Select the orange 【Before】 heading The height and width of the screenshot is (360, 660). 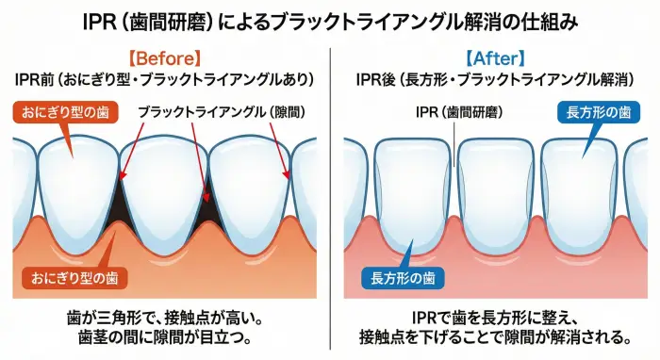165,56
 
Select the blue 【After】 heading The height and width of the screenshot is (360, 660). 495,56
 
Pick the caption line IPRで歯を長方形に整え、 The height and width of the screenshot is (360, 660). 494,318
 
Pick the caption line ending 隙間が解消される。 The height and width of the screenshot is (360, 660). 494,338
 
